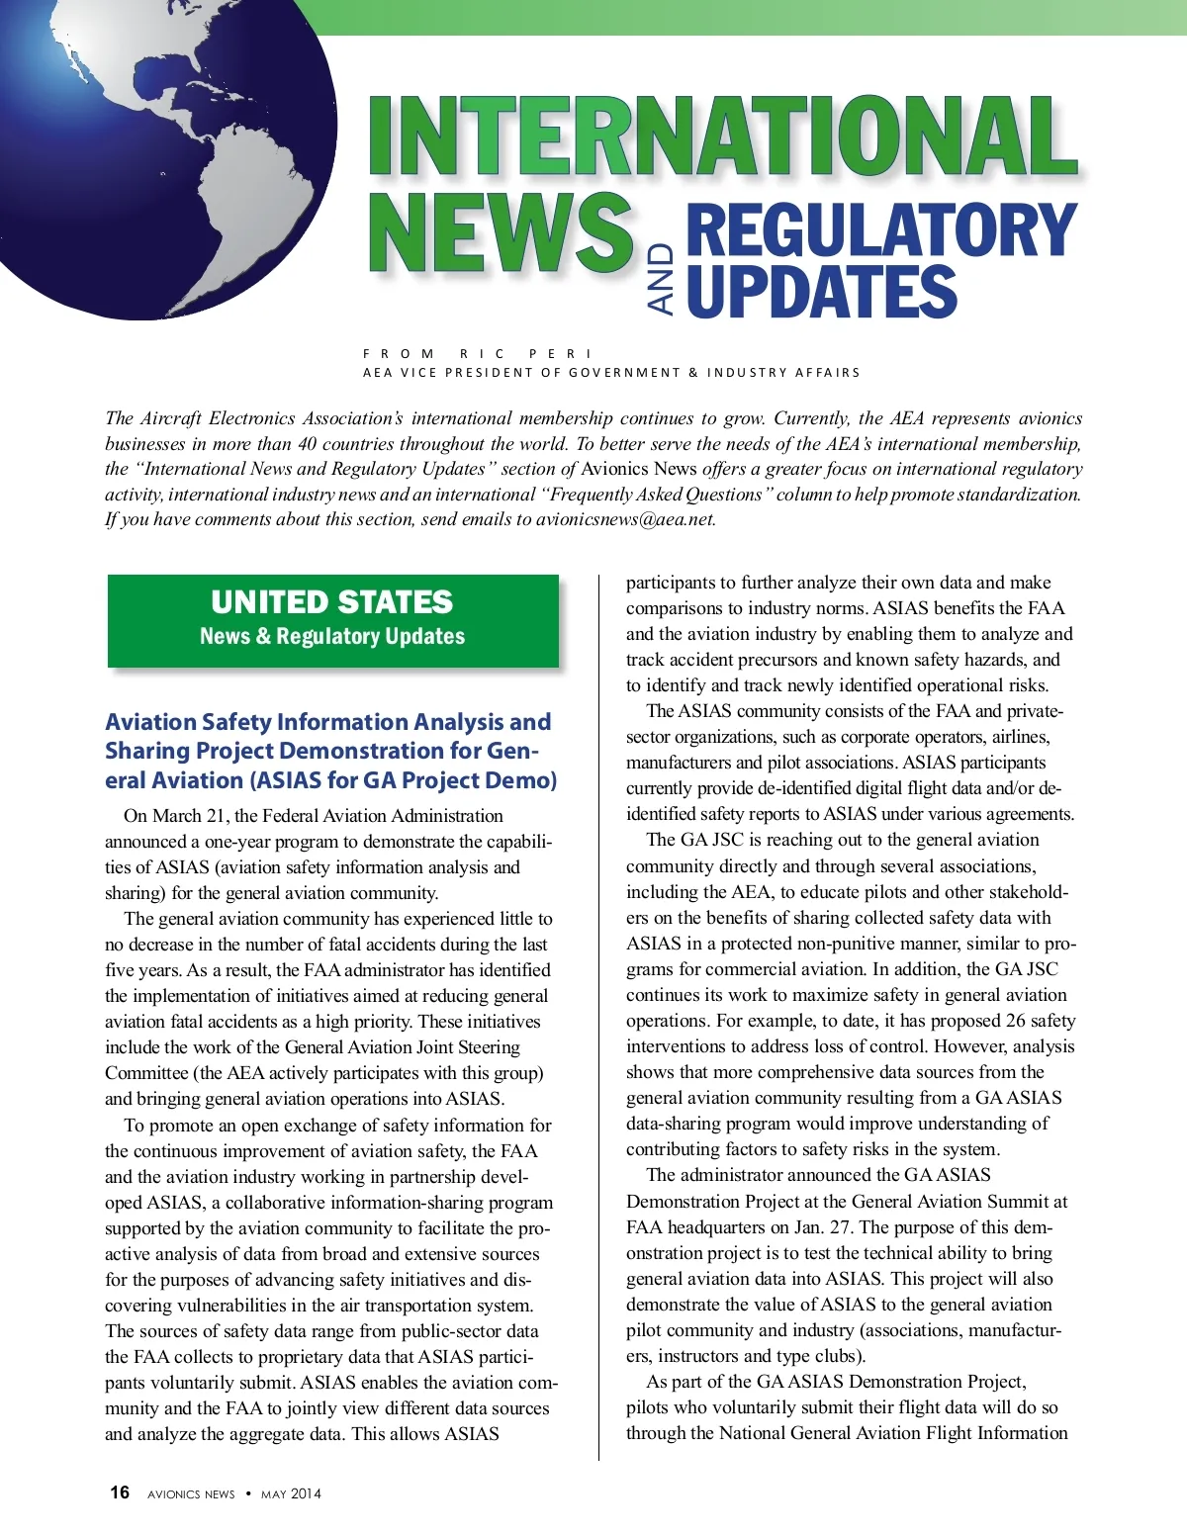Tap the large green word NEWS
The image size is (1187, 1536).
coord(500,234)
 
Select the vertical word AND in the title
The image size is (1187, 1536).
coord(661,279)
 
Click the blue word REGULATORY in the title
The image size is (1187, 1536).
coord(879,229)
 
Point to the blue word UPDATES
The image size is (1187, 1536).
coord(821,292)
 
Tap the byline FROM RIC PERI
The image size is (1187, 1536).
coord(478,353)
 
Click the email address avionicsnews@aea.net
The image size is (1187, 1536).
coord(625,519)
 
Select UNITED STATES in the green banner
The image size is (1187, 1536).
coord(331,601)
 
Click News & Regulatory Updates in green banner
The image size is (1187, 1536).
coord(332,636)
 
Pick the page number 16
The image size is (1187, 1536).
coord(120,1492)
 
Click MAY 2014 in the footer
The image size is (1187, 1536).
coord(291,1493)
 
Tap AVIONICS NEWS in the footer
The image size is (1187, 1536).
coord(191,1493)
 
